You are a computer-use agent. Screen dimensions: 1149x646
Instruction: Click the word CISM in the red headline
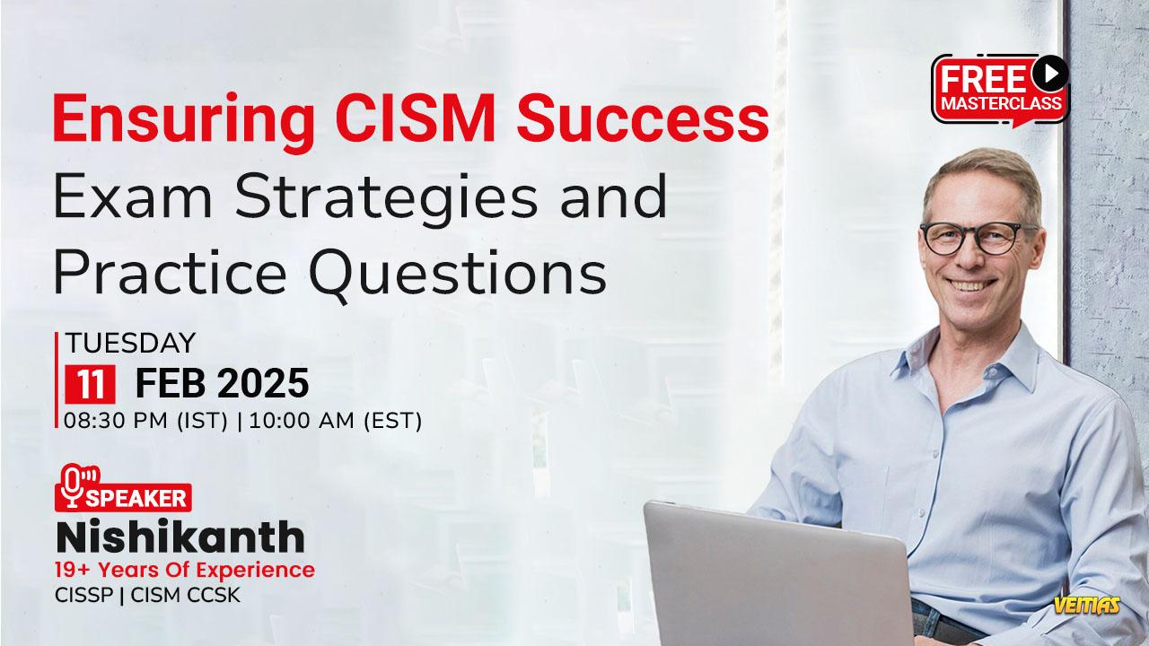[x=415, y=118]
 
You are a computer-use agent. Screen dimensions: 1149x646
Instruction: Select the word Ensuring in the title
[x=184, y=123]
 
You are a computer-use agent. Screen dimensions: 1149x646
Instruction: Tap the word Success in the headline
[x=643, y=118]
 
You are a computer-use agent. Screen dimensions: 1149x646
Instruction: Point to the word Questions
[x=458, y=274]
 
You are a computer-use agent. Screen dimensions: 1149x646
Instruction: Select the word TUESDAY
[x=131, y=343]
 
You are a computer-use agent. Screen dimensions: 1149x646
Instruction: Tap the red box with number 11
[x=91, y=384]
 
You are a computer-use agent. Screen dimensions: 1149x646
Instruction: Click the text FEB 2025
[x=222, y=383]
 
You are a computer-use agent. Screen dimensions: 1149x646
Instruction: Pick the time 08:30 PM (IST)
[x=145, y=421]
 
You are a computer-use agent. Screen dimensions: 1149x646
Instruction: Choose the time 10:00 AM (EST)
[x=336, y=421]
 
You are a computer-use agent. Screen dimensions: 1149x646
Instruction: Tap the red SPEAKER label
[x=124, y=497]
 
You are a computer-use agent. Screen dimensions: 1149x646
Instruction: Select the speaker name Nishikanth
[x=180, y=537]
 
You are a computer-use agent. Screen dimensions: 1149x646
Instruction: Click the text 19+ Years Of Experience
[x=185, y=570]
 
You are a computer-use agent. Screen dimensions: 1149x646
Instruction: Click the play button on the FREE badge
[x=1050, y=74]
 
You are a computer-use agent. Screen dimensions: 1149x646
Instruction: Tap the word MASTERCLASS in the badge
[x=1001, y=103]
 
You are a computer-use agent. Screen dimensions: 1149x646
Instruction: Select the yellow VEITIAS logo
[x=1087, y=606]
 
